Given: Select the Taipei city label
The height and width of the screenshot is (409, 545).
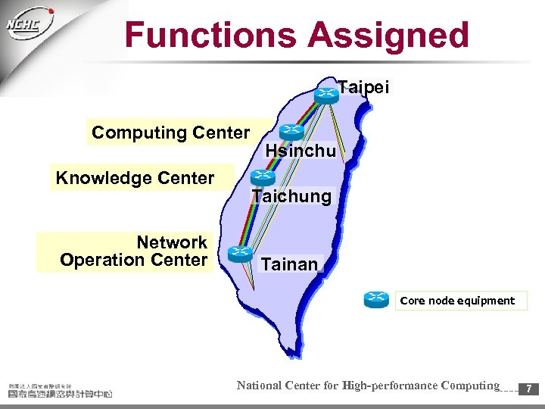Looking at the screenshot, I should coord(363,88).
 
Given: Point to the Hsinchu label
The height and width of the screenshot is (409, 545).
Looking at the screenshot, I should coord(301,151).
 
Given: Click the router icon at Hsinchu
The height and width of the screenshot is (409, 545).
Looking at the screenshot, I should coord(290,133).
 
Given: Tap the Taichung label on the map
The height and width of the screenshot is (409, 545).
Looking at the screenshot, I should coord(292,196).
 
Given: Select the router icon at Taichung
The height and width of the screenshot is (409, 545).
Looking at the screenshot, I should coord(262,179).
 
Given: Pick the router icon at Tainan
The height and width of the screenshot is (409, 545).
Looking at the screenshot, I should coord(240,253).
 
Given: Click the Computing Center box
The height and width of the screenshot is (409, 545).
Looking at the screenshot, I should coord(171,133).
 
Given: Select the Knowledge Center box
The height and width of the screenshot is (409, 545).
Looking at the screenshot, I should coord(135,178).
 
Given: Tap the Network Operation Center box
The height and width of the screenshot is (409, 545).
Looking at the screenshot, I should coord(133,251).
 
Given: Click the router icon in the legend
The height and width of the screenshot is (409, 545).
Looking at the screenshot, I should coord(376,300).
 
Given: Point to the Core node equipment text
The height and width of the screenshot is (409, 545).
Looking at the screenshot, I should coord(457,301).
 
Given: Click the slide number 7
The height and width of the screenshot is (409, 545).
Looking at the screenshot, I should coord(529,389).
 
